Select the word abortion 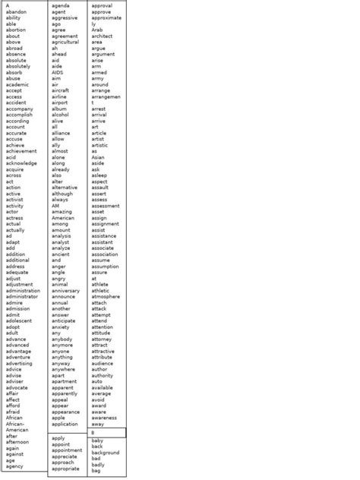pos(16,30)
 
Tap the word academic pos(17,84)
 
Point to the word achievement pos(21,151)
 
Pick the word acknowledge pos(21,163)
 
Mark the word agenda pos(61,5)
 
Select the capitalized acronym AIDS pos(58,72)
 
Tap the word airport pos(61,103)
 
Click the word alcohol pos(61,115)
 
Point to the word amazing pos(62,212)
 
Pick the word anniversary pos(65,291)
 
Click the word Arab pos(97,30)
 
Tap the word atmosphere pos(106,296)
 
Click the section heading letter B pos(93,432)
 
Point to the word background pos(106,453)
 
